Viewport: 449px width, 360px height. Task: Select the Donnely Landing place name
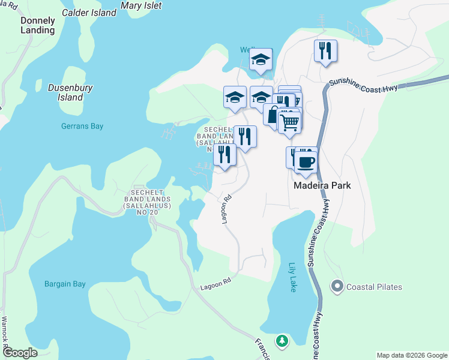(38, 25)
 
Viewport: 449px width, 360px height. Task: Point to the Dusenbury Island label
(65, 92)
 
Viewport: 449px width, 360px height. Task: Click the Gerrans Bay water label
(82, 126)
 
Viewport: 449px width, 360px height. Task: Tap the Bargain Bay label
(65, 284)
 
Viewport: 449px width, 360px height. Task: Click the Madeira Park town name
(322, 185)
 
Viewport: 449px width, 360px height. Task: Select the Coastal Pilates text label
(373, 287)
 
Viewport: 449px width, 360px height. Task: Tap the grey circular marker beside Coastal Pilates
(337, 287)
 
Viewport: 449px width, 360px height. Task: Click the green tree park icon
(282, 341)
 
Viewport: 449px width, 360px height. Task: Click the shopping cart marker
(289, 122)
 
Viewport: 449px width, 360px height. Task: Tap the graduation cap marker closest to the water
(261, 59)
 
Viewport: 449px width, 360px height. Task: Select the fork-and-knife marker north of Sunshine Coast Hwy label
(325, 50)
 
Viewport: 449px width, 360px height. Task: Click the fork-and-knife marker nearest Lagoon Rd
(224, 155)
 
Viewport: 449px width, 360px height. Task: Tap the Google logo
(19, 353)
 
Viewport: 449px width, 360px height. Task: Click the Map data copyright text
(411, 355)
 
